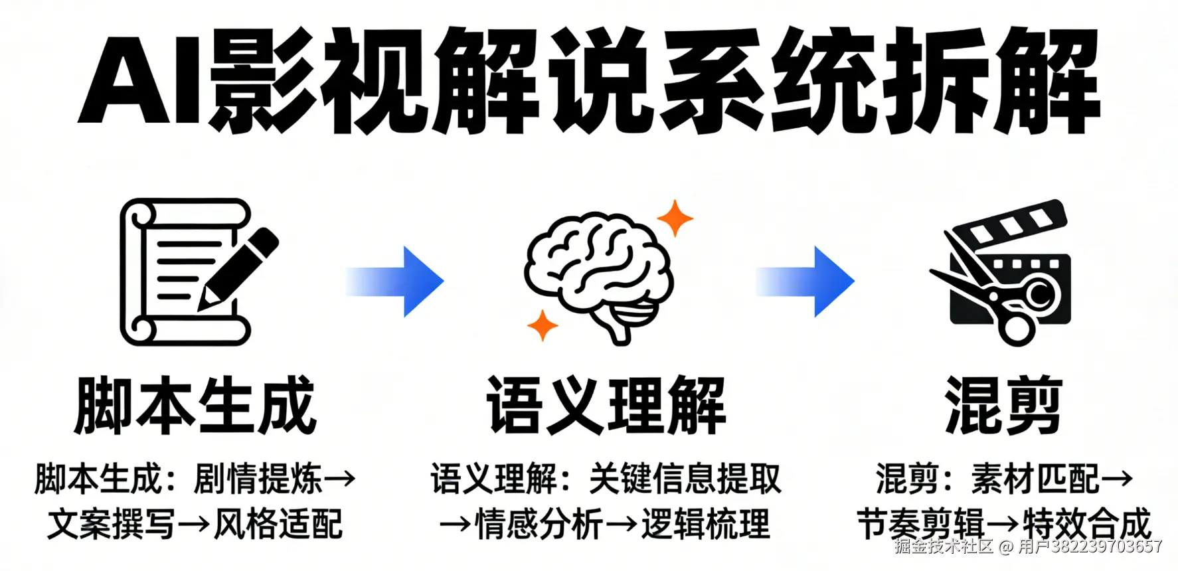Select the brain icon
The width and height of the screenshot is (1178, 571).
point(598,272)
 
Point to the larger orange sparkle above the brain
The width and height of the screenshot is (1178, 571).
point(675,218)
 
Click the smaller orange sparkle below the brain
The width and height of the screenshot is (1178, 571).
point(543,325)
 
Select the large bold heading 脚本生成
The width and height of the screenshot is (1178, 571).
point(195,405)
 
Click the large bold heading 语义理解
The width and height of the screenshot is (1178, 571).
point(606,405)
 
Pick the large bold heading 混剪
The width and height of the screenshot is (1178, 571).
point(1003,405)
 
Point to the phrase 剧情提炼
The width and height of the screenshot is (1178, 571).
point(258,479)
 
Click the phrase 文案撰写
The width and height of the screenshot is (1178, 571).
point(112,525)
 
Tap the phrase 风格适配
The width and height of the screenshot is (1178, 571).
point(278,525)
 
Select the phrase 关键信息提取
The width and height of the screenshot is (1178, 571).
point(685,479)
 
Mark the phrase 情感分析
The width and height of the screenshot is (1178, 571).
point(539,525)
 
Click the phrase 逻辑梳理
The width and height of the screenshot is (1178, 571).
point(705,525)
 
